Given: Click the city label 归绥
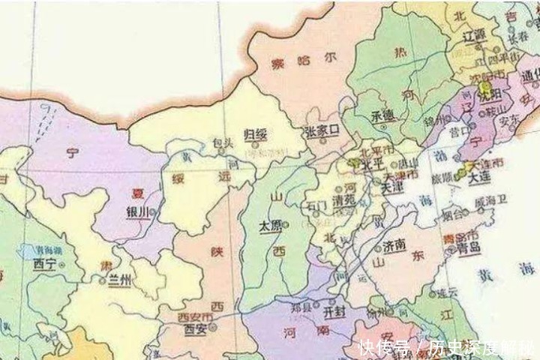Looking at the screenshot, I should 256,134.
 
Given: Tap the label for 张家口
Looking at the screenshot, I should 322,131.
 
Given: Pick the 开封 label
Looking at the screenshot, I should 334,310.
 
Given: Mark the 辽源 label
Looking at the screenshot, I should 475,35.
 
